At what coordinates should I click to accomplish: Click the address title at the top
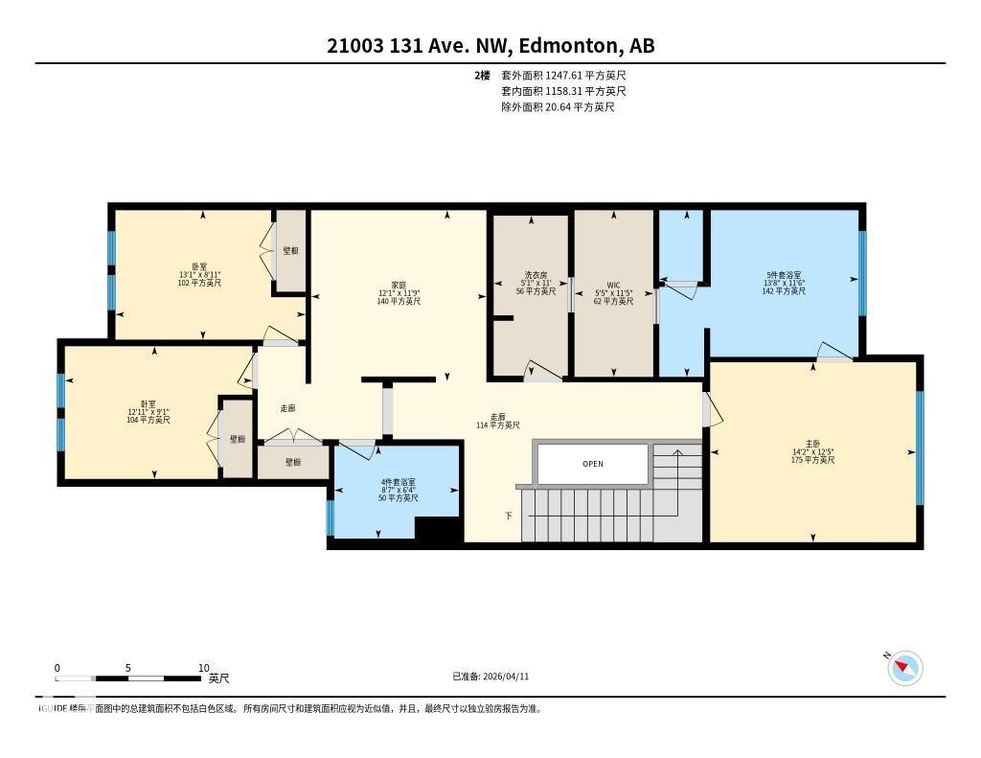point(490,46)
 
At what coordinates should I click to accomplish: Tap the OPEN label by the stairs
point(593,464)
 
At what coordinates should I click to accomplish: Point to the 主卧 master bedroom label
point(812,451)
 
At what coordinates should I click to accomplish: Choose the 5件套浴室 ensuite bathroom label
point(784,283)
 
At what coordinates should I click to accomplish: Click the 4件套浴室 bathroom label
point(398,490)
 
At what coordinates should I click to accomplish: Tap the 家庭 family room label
point(399,293)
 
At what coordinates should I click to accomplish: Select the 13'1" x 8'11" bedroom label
point(199,274)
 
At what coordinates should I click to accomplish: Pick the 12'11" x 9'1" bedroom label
point(148,412)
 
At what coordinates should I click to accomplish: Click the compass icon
point(904,668)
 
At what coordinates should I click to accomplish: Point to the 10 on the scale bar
point(203,668)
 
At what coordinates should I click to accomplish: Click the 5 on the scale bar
point(127,668)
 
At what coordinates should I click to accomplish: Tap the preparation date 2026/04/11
point(490,677)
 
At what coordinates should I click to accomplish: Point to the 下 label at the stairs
point(509,516)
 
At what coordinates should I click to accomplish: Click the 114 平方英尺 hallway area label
point(497,425)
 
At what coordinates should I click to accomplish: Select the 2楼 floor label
point(483,75)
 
